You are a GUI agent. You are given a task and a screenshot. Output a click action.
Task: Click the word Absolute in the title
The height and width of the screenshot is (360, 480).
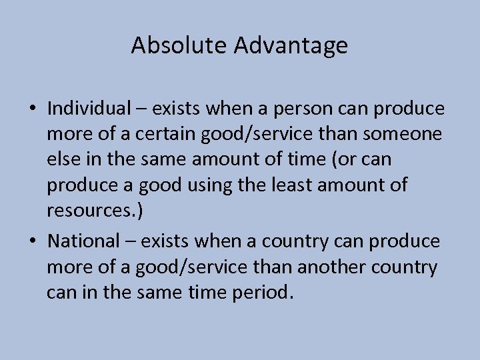coord(171,45)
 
